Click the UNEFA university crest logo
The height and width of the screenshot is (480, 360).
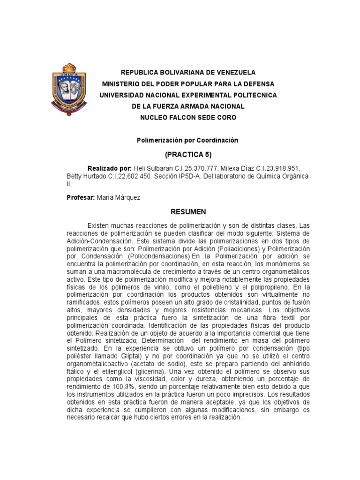click(69, 88)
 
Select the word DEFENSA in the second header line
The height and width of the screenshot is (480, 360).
click(257, 84)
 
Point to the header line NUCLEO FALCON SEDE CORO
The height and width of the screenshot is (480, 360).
click(188, 118)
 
